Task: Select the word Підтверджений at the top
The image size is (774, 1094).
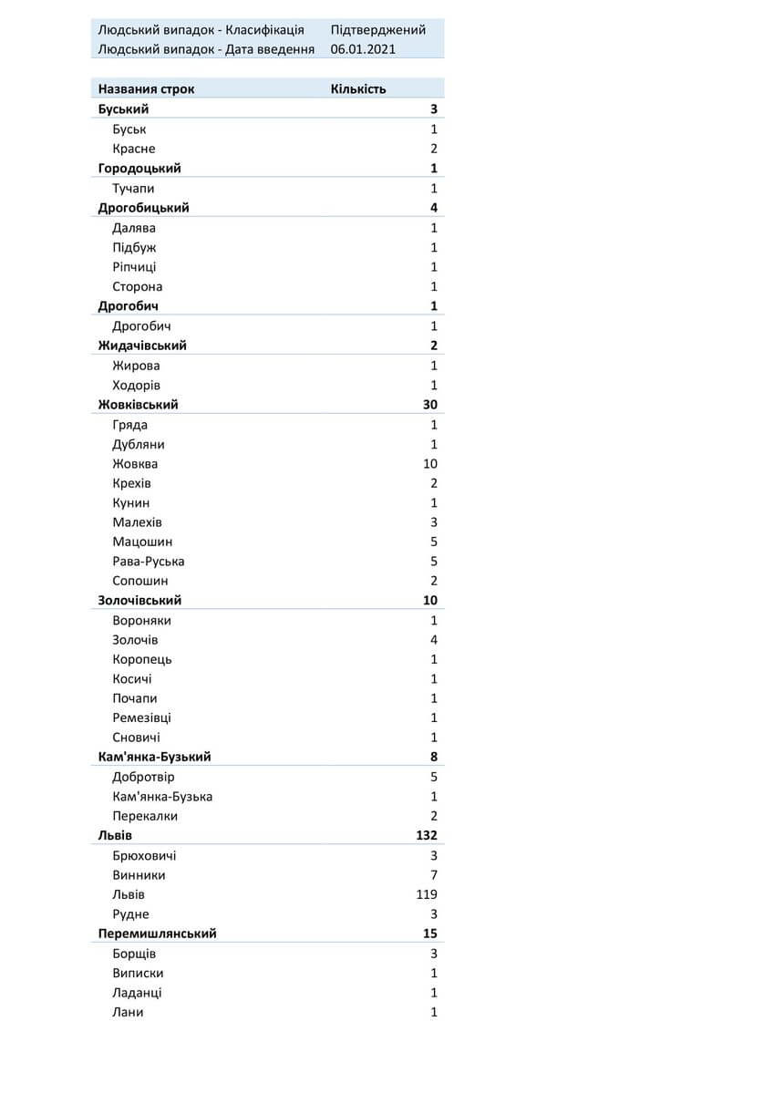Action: (x=377, y=30)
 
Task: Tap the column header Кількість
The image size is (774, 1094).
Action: (x=358, y=89)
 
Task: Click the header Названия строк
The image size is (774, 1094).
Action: (x=146, y=89)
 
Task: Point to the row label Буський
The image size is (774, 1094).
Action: (x=123, y=109)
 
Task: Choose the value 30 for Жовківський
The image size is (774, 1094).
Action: (x=430, y=405)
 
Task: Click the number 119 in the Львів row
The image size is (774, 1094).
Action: (x=427, y=894)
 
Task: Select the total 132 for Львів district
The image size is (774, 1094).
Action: (x=427, y=835)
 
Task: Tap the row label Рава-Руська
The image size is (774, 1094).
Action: (x=149, y=562)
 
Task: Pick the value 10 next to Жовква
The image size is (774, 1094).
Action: (x=430, y=464)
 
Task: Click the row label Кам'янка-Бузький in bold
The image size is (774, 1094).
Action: (x=154, y=758)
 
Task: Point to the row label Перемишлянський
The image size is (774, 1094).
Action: (x=157, y=934)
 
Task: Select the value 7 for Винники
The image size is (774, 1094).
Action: (x=434, y=875)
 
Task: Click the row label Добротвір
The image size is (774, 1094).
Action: (x=143, y=778)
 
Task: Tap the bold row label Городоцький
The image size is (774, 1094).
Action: (x=139, y=169)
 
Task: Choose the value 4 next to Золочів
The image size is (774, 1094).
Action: (x=434, y=640)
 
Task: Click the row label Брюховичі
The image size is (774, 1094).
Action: (x=144, y=856)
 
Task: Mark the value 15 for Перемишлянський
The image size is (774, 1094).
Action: (x=430, y=934)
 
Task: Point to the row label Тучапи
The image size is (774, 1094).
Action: (x=133, y=189)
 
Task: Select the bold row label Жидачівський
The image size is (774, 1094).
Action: (x=142, y=346)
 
